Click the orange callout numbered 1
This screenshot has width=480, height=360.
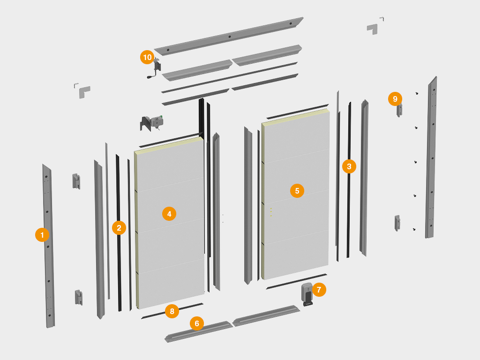pos(42,235)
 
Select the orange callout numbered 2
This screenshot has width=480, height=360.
pos(119,228)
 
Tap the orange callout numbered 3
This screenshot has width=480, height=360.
pos(349,166)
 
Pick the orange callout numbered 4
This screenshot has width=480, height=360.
pos(169,214)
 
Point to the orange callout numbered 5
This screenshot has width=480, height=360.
pos(297,191)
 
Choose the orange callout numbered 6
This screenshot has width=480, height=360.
pos(197,323)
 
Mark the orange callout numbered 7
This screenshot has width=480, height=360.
pos(319,290)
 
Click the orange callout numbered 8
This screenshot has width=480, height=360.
pos(172,311)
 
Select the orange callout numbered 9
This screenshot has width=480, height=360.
pos(395,99)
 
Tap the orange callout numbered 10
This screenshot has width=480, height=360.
pos(147,57)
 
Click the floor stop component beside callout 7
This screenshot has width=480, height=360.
pos(307,294)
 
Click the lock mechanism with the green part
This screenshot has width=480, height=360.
pos(152,123)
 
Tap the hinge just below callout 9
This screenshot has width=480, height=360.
pos(399,111)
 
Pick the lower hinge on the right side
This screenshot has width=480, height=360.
pos(397,223)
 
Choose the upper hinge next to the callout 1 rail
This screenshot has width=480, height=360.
pos(76,181)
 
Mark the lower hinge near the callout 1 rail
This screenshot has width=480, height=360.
pos(79,298)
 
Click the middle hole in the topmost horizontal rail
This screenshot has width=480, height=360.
pos(230,37)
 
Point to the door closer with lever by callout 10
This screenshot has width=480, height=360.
pos(156,68)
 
